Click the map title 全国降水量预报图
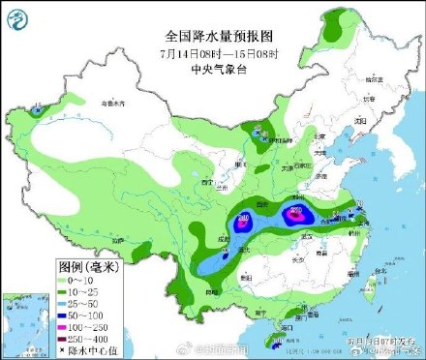tap(212, 34)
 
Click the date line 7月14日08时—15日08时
tap(212, 52)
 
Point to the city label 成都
tap(225, 238)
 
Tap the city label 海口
tap(280, 330)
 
